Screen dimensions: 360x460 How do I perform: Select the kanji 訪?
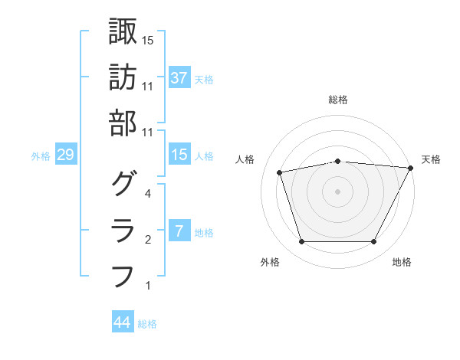[x=123, y=77]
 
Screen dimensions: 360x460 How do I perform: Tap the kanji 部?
[x=123, y=123]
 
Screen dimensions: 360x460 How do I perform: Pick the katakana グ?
[x=123, y=184]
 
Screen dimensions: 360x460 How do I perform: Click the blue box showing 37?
[x=179, y=78]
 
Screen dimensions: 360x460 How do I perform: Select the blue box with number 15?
[x=179, y=155]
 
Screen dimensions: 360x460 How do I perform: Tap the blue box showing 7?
[x=179, y=231]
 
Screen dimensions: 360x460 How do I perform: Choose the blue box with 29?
[x=65, y=155]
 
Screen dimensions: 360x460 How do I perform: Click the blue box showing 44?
[x=122, y=322]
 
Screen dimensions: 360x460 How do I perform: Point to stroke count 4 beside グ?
[x=147, y=195]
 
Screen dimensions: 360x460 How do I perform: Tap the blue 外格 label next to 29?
[x=41, y=156]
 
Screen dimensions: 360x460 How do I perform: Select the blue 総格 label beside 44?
[x=147, y=324]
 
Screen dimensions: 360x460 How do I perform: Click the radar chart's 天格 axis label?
[x=431, y=159]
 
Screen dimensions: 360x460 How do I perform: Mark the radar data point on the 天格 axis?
[x=411, y=168]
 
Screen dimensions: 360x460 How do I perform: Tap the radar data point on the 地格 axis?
[x=373, y=242]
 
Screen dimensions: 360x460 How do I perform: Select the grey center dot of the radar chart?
[x=337, y=191]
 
